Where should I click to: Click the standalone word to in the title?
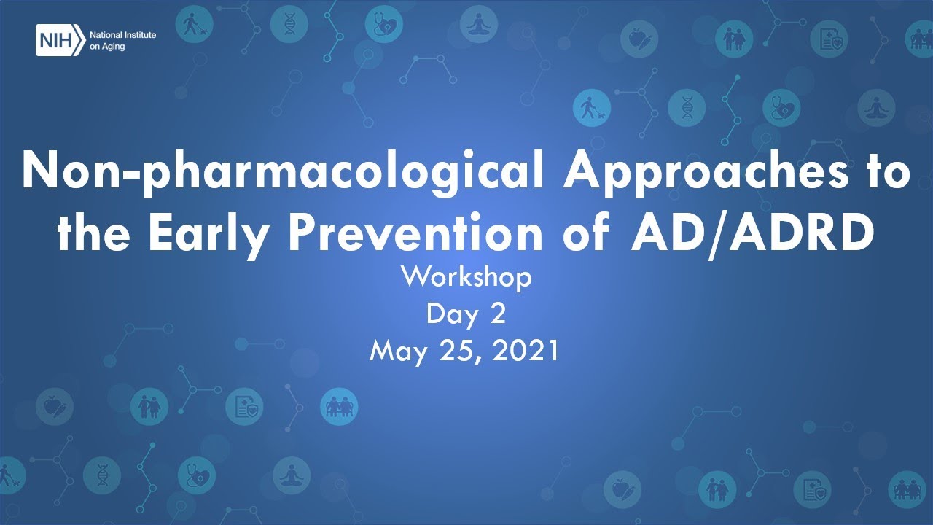[x=884, y=173]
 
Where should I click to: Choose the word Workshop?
[x=466, y=277]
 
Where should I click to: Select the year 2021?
[x=526, y=351]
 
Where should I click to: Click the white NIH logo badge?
[x=59, y=40]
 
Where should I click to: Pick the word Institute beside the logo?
[x=140, y=35]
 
